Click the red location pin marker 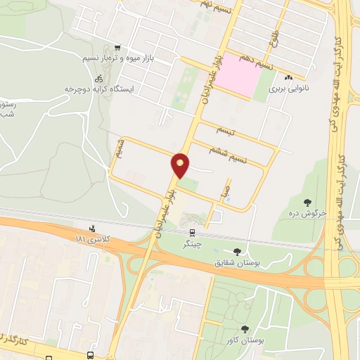[x=181, y=165]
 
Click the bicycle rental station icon [x=99, y=77]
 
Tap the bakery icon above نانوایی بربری [x=288, y=77]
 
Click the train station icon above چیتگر [x=191, y=232]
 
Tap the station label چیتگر [x=191, y=244]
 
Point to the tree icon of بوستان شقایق [x=236, y=250]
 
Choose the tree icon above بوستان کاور [x=244, y=328]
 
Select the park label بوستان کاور [x=245, y=340]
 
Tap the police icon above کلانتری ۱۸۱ [x=91, y=228]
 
